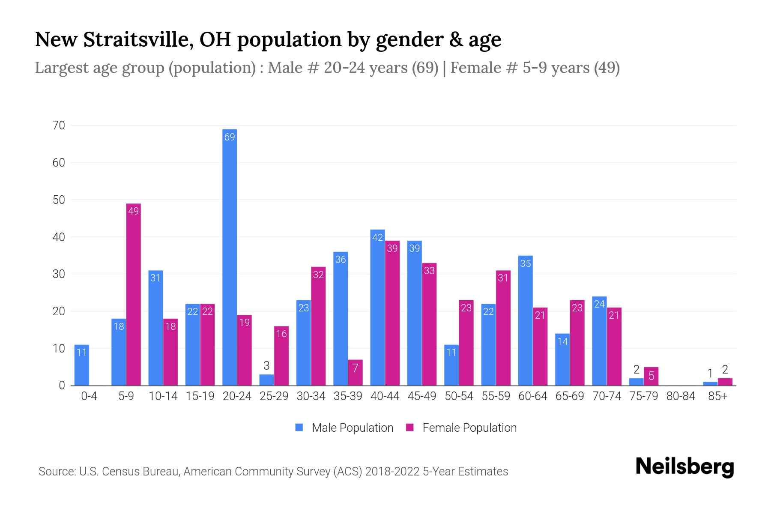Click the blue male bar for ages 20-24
(x=230, y=257)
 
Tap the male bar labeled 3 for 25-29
(x=266, y=380)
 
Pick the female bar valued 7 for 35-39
(x=355, y=373)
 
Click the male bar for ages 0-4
(x=81, y=365)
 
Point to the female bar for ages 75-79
(x=651, y=377)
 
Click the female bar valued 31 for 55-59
(x=503, y=328)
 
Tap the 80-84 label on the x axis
(x=681, y=396)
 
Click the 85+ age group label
(x=717, y=396)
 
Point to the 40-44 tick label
(x=385, y=396)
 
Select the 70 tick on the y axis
(x=59, y=126)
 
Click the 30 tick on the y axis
(x=59, y=274)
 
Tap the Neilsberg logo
(x=684, y=467)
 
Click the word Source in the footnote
(x=57, y=472)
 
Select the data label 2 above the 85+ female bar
(x=725, y=370)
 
